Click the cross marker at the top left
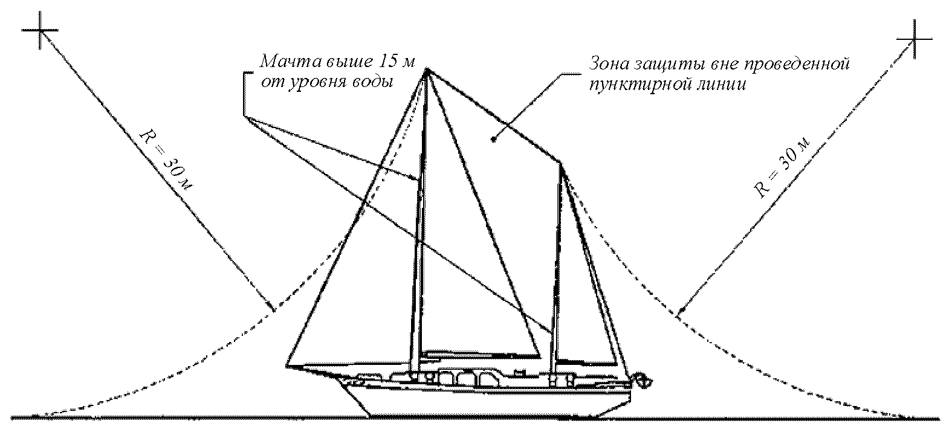(x=40, y=31)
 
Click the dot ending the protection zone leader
(x=494, y=140)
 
